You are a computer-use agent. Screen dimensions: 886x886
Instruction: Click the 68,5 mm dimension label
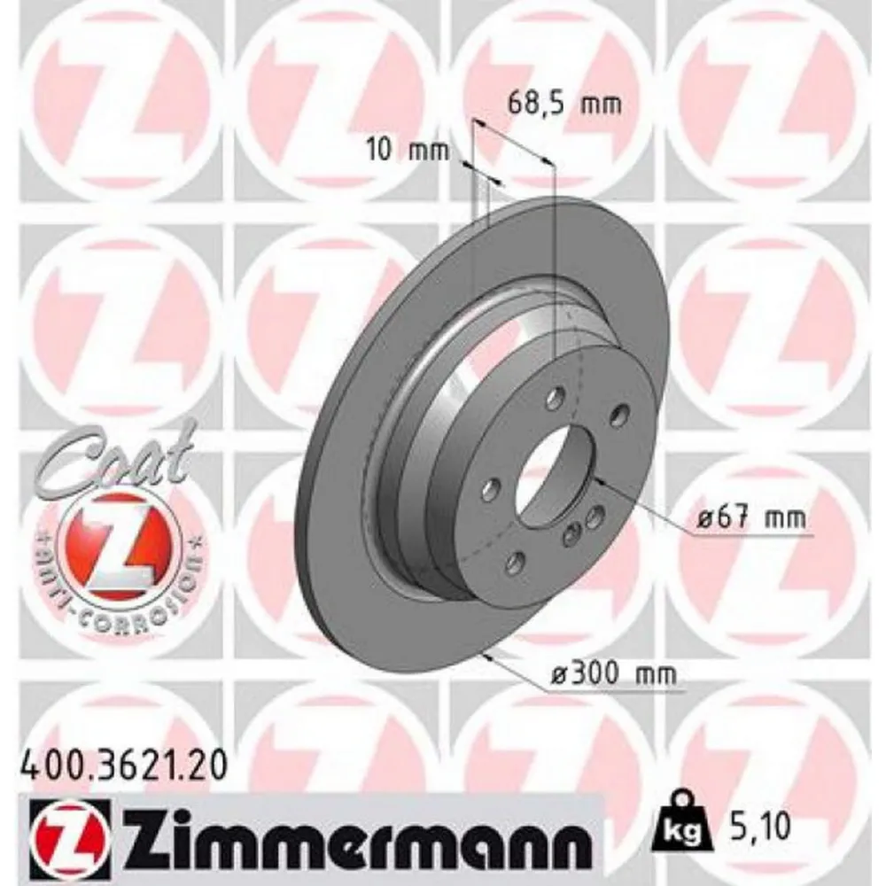coord(563,104)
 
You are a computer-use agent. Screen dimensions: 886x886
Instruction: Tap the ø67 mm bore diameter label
coord(750,519)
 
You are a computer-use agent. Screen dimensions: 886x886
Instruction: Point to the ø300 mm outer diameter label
coord(613,675)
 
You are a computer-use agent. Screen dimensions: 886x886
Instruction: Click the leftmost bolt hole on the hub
coord(490,486)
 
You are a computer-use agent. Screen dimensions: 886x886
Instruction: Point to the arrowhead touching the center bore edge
coord(598,480)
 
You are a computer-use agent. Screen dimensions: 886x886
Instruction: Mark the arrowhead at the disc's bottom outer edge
coord(485,656)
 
